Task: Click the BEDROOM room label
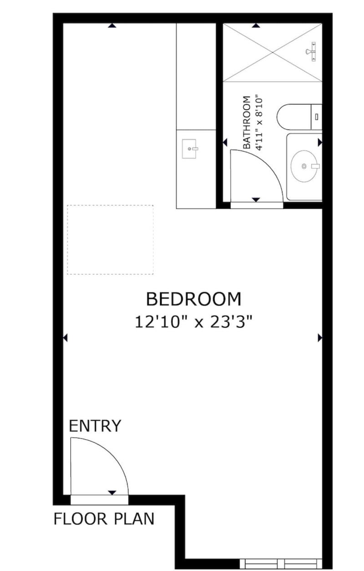[193, 299]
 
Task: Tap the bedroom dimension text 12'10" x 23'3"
[193, 322]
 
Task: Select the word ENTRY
[95, 426]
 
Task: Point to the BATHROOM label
[247, 122]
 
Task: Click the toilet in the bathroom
[299, 117]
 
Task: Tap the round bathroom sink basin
[305, 166]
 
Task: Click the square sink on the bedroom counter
[189, 149]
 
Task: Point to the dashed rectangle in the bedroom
[110, 239]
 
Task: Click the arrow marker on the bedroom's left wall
[65, 338]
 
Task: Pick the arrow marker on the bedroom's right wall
[320, 338]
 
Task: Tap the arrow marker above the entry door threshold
[112, 493]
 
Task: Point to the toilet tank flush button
[317, 117]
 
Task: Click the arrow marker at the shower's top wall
[256, 25]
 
